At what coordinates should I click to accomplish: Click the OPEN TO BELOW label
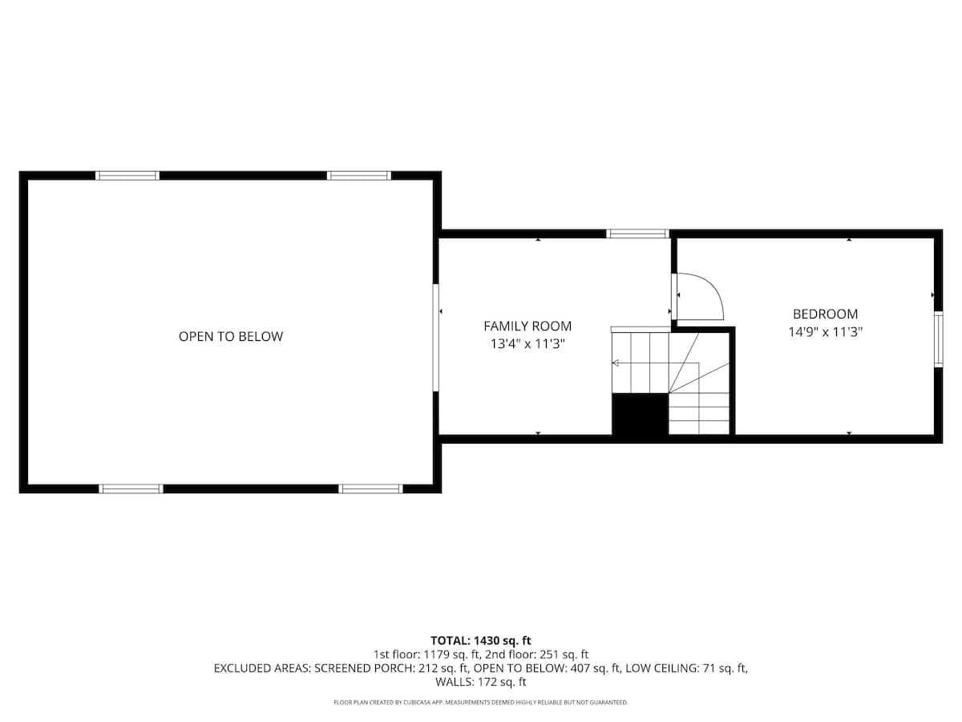(x=230, y=337)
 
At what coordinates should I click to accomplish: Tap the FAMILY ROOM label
(x=527, y=326)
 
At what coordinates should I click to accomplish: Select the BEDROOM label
(x=825, y=314)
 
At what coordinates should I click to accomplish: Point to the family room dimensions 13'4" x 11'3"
(x=527, y=344)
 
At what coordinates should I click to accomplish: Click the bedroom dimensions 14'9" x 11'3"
(x=825, y=331)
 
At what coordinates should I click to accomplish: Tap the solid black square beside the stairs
(x=640, y=414)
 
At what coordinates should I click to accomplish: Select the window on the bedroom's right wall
(x=938, y=340)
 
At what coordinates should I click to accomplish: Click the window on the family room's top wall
(x=637, y=234)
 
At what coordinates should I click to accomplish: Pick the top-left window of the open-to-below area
(x=127, y=176)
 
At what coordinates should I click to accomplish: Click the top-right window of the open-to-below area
(x=358, y=176)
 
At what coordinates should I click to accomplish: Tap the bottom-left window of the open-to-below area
(x=131, y=489)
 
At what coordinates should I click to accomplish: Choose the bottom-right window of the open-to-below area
(x=370, y=489)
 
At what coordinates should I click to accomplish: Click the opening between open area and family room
(x=436, y=338)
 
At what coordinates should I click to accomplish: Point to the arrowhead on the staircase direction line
(x=615, y=363)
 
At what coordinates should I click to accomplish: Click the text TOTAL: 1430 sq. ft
(x=481, y=640)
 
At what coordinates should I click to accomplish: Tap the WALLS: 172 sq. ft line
(x=481, y=683)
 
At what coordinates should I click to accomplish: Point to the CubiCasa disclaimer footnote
(x=481, y=703)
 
